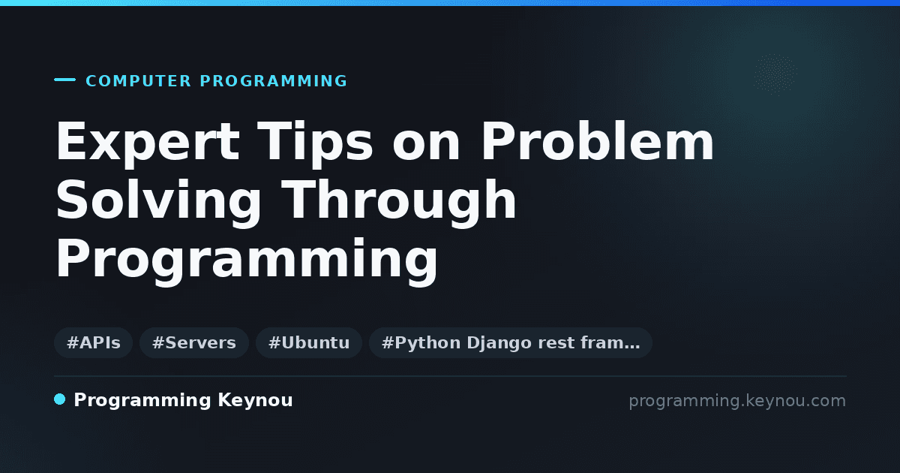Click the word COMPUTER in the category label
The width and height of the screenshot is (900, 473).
coord(139,81)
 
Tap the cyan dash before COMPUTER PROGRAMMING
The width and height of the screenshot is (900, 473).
coord(64,80)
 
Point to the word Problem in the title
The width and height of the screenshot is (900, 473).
coord(598,141)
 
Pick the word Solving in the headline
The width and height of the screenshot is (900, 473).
coord(158,201)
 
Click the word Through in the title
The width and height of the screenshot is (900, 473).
coord(398,201)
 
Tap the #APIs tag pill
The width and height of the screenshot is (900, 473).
coord(93,342)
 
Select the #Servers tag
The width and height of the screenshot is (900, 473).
coord(194,342)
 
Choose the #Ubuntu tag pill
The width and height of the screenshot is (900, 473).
coord(309,342)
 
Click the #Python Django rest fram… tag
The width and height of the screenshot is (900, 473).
coord(510,342)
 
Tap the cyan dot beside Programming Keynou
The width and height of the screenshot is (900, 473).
coord(59,399)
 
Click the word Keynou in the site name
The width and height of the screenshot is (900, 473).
coord(255,401)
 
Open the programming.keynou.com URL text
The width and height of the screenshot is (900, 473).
coord(737,401)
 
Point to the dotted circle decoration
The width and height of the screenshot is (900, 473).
coord(775,74)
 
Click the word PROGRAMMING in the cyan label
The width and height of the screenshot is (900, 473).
coord(274,81)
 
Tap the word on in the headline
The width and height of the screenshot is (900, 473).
coord(426,147)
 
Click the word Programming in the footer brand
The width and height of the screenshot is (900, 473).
coord(142,401)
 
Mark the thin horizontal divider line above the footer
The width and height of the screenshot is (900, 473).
coord(451,376)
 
